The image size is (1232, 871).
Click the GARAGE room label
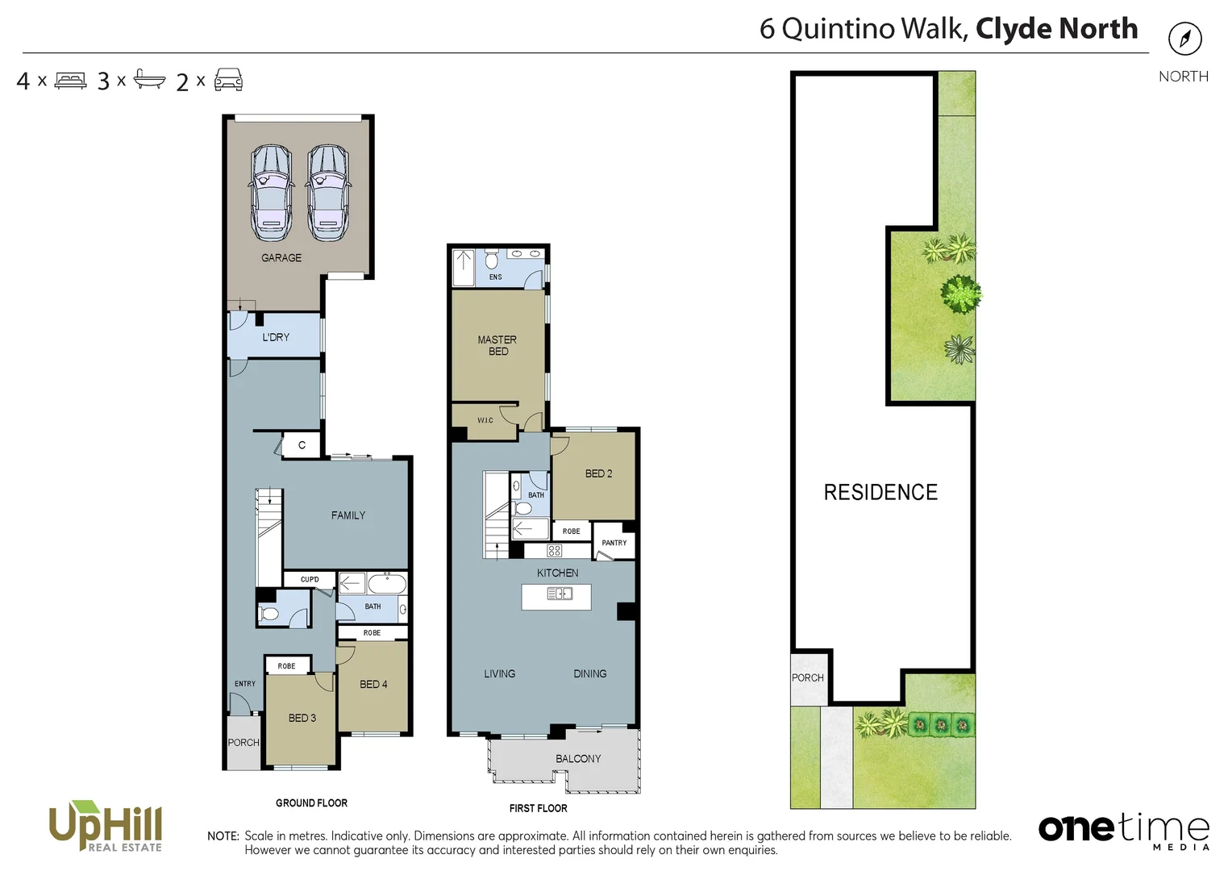(281, 258)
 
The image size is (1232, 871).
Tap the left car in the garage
(271, 193)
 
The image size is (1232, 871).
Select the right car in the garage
(328, 193)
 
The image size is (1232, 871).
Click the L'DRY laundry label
(276, 337)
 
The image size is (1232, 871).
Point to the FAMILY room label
(348, 515)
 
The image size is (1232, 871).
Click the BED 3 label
(302, 718)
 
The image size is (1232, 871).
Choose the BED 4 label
(373, 684)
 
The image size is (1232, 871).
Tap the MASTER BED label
(497, 345)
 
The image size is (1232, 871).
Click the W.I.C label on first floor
(485, 420)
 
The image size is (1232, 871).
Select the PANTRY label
(614, 543)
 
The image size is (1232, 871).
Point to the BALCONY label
(578, 759)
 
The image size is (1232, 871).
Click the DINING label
(590, 673)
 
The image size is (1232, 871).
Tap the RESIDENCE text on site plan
(880, 493)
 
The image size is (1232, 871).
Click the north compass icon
(1184, 39)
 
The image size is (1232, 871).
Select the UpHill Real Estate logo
(106, 826)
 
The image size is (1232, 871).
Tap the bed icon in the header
(71, 81)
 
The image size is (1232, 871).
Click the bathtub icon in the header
(149, 80)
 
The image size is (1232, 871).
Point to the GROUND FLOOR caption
(311, 803)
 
